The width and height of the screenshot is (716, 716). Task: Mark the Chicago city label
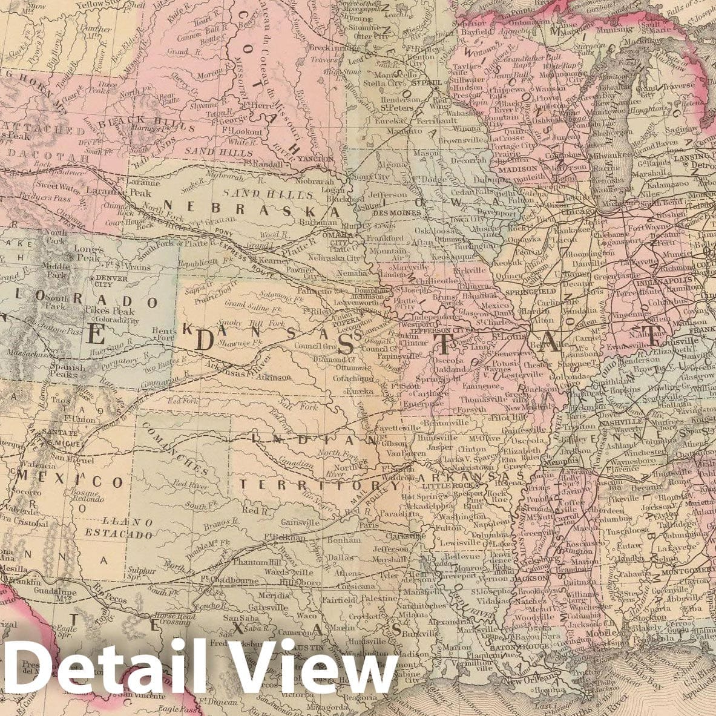tap(578, 213)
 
